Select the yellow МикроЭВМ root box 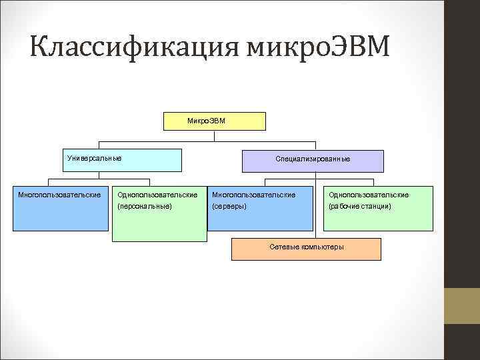point(213,121)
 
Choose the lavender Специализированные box point(313,161)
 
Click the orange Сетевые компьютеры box point(306,249)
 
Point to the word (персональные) point(145,207)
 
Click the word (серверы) point(229,207)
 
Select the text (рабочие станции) point(359,207)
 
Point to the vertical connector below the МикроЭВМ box point(214,135)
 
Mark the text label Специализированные point(313,159)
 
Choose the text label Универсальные point(95,157)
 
